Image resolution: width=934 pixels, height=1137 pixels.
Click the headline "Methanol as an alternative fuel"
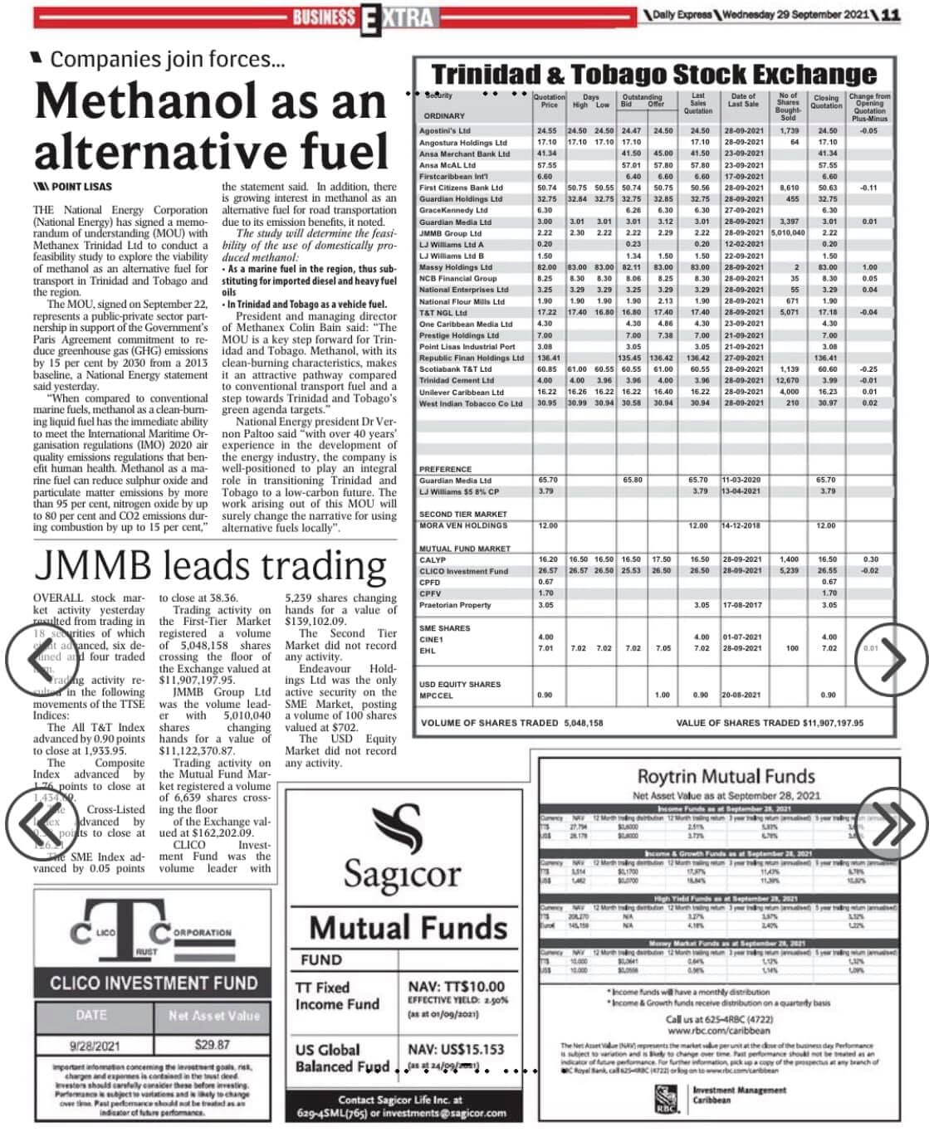(212, 127)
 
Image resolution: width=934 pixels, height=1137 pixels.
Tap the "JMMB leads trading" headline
(211, 566)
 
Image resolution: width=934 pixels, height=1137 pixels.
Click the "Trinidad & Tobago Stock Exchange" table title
(654, 75)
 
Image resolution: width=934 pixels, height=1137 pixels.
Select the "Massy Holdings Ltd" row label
(456, 267)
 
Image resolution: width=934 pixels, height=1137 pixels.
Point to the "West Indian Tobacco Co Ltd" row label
(471, 403)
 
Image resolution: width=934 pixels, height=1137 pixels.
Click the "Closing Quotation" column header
(826, 102)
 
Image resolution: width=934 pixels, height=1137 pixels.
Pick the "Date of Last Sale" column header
(743, 100)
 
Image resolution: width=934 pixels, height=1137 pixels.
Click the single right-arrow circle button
(891, 661)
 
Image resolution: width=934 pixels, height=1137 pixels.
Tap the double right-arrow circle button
(891, 824)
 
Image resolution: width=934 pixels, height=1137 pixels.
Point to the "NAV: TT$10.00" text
(456, 987)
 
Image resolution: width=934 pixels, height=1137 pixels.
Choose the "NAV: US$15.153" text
(456, 1050)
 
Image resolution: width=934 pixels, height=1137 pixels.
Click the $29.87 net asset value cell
(213, 1045)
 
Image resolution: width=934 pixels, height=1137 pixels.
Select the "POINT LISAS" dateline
(81, 187)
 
